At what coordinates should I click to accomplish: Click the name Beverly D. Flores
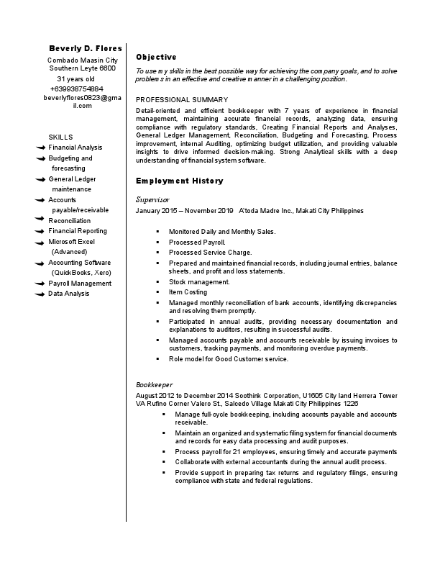(x=85, y=48)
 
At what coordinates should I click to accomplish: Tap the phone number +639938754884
(x=81, y=88)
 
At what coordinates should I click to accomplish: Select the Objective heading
(x=156, y=57)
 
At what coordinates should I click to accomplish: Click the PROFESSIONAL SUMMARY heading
(x=182, y=99)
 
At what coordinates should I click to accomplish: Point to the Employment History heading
(x=179, y=181)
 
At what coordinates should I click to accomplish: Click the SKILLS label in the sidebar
(x=60, y=137)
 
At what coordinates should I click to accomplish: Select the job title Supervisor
(x=152, y=199)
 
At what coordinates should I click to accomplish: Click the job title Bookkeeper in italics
(x=154, y=385)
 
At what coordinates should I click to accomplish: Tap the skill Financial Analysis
(x=75, y=148)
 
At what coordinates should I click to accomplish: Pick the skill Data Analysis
(x=69, y=294)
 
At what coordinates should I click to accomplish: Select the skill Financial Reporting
(x=78, y=231)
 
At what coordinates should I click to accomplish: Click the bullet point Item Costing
(x=188, y=292)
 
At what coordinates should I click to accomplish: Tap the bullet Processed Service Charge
(x=210, y=253)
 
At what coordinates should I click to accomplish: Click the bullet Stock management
(x=199, y=282)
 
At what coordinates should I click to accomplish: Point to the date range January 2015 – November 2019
(x=185, y=211)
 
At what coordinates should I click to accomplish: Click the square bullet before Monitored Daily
(x=157, y=232)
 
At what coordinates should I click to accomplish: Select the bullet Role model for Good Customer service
(x=228, y=358)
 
